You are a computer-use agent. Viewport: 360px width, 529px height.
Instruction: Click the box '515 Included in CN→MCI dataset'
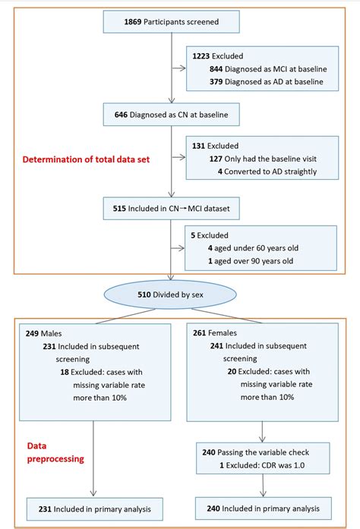[x=172, y=206]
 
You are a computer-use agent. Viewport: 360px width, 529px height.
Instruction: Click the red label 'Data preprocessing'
[x=54, y=454]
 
